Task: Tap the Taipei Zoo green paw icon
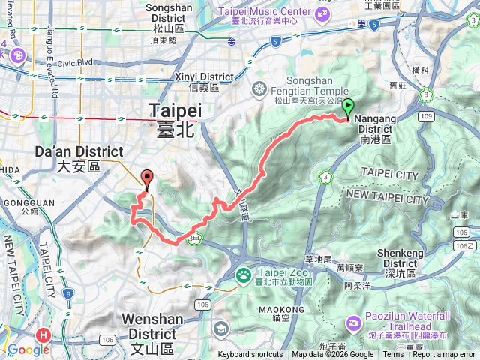click(244, 274)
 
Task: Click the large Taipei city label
click(176, 116)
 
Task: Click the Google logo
click(28, 349)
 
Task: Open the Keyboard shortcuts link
click(250, 355)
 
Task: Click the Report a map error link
click(444, 355)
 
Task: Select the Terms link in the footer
click(393, 355)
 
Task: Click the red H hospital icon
click(43, 333)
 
